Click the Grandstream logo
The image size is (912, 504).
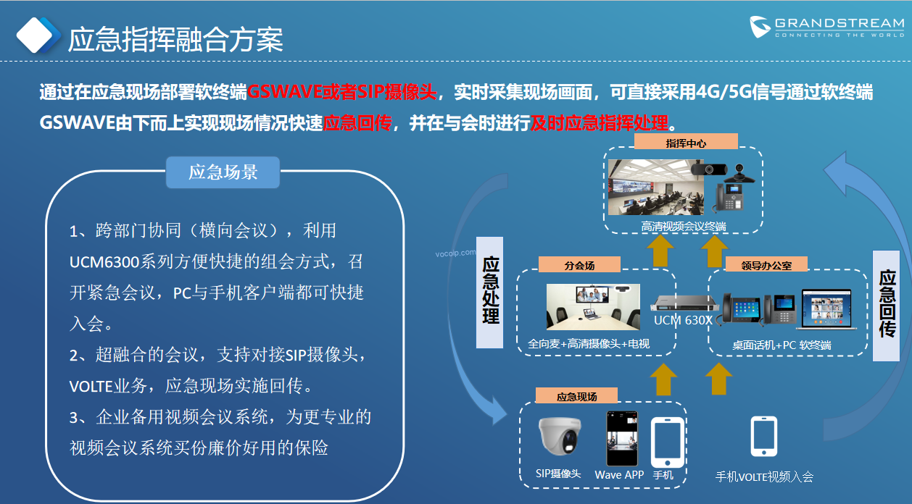point(827,27)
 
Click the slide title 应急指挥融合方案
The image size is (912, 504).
point(175,40)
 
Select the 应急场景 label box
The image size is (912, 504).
point(223,172)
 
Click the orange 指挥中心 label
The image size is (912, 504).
point(686,143)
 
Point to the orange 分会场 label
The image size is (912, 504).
point(579,265)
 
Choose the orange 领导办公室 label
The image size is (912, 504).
point(766,265)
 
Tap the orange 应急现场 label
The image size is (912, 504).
point(576,396)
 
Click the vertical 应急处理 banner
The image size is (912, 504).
point(490,292)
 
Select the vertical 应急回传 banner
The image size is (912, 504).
point(887,306)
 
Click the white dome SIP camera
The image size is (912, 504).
point(560,436)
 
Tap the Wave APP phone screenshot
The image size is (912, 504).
point(622,438)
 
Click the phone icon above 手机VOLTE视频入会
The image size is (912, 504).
point(764,436)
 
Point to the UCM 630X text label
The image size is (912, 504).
point(683,320)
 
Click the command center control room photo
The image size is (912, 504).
point(656,187)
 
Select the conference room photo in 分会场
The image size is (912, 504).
point(593,307)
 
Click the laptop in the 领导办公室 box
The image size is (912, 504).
point(826,309)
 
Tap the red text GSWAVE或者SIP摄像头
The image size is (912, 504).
point(342,92)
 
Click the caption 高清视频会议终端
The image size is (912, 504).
point(684,226)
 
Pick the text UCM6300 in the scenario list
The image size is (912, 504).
point(104,262)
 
